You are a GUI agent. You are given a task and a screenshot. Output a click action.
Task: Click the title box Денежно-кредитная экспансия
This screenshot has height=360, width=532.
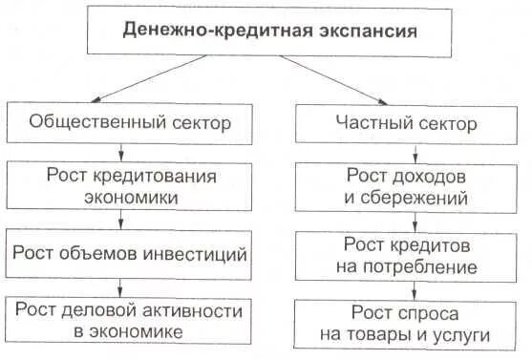(270, 32)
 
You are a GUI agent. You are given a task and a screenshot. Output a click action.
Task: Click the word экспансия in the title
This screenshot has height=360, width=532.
(367, 31)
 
